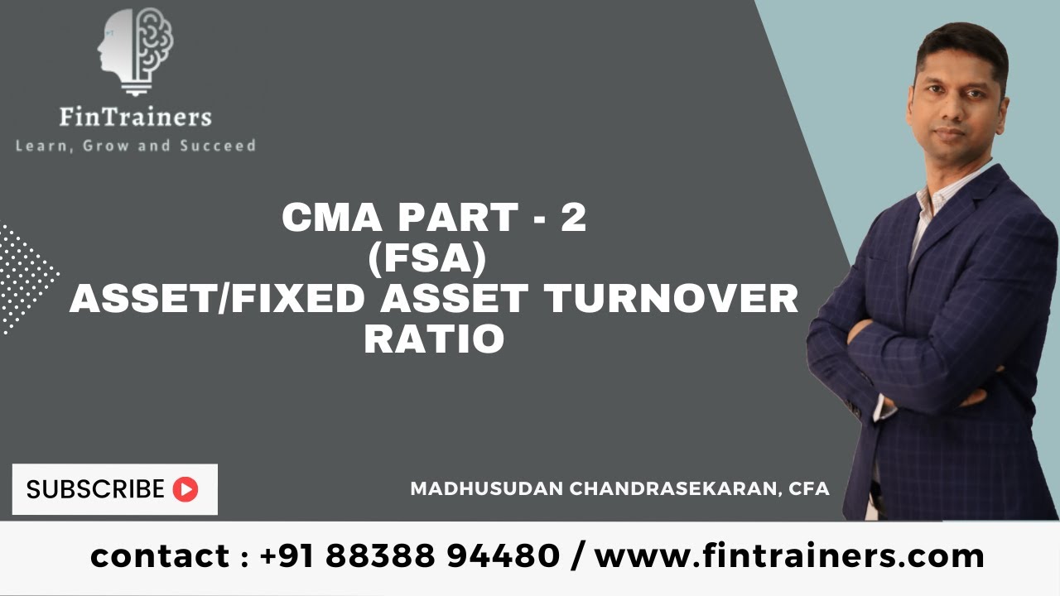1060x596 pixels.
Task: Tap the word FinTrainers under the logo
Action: [x=136, y=117]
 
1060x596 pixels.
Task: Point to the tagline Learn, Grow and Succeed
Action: [x=136, y=146]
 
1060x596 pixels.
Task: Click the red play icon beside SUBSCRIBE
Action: [x=185, y=489]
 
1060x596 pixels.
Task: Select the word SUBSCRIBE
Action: [x=95, y=489]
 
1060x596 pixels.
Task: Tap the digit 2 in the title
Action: [x=573, y=219]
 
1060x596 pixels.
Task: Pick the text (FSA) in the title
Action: [x=434, y=259]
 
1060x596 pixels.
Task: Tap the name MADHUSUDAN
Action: [x=487, y=488]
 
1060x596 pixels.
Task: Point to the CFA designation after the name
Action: [x=810, y=488]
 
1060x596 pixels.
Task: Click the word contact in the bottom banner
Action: [x=162, y=555]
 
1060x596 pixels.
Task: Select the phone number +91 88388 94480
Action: [x=410, y=555]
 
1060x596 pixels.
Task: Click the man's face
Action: [x=961, y=95]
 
